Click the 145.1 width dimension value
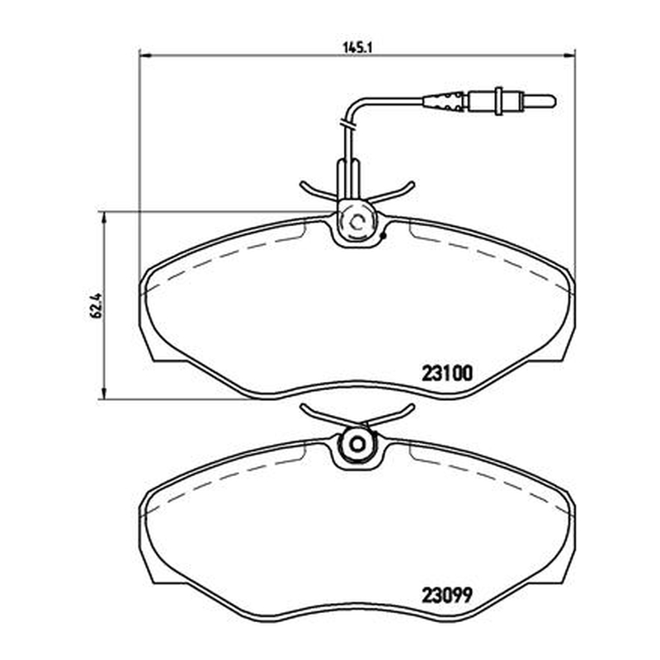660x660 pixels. (x=358, y=48)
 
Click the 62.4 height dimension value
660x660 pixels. (x=96, y=305)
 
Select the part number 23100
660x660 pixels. (x=447, y=373)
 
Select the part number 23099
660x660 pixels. (x=447, y=595)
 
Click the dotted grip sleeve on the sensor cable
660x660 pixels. (x=444, y=101)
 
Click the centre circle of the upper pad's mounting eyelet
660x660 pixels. (x=358, y=222)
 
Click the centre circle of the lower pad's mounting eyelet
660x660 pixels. (x=358, y=444)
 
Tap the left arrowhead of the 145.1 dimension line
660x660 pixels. (x=145, y=54)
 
